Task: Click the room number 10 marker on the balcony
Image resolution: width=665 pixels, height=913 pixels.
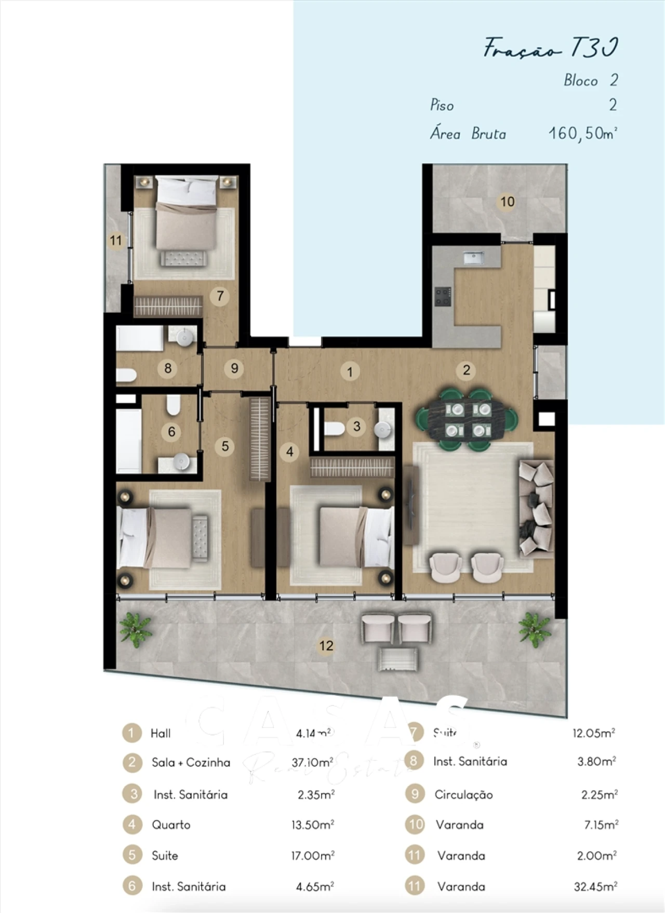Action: click(x=507, y=202)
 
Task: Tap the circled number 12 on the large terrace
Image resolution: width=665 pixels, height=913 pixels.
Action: click(x=326, y=645)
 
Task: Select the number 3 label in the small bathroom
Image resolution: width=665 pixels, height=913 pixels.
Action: click(x=356, y=427)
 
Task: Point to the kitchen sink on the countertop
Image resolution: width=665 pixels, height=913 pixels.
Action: click(x=473, y=257)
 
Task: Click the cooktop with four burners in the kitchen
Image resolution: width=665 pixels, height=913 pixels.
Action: click(x=443, y=297)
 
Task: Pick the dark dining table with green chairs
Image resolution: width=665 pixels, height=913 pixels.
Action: click(x=467, y=420)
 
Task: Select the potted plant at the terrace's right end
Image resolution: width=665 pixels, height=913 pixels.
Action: click(x=534, y=628)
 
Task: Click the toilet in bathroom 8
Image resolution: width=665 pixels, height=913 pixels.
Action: click(x=126, y=375)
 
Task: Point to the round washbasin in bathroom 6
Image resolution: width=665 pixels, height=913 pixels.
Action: click(x=181, y=461)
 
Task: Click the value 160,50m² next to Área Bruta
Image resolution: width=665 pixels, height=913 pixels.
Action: click(x=582, y=134)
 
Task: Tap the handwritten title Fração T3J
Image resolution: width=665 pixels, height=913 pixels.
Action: click(x=550, y=48)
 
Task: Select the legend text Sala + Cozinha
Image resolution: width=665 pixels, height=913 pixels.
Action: click(x=191, y=762)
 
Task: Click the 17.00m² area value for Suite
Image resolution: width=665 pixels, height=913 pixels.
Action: click(x=313, y=855)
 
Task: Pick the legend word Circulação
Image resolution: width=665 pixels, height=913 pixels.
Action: click(x=463, y=795)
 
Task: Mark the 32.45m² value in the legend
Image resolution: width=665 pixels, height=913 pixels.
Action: click(x=595, y=886)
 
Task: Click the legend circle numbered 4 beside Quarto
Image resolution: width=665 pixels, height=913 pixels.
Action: click(x=132, y=825)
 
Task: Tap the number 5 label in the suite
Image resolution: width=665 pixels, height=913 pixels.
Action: click(x=225, y=446)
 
